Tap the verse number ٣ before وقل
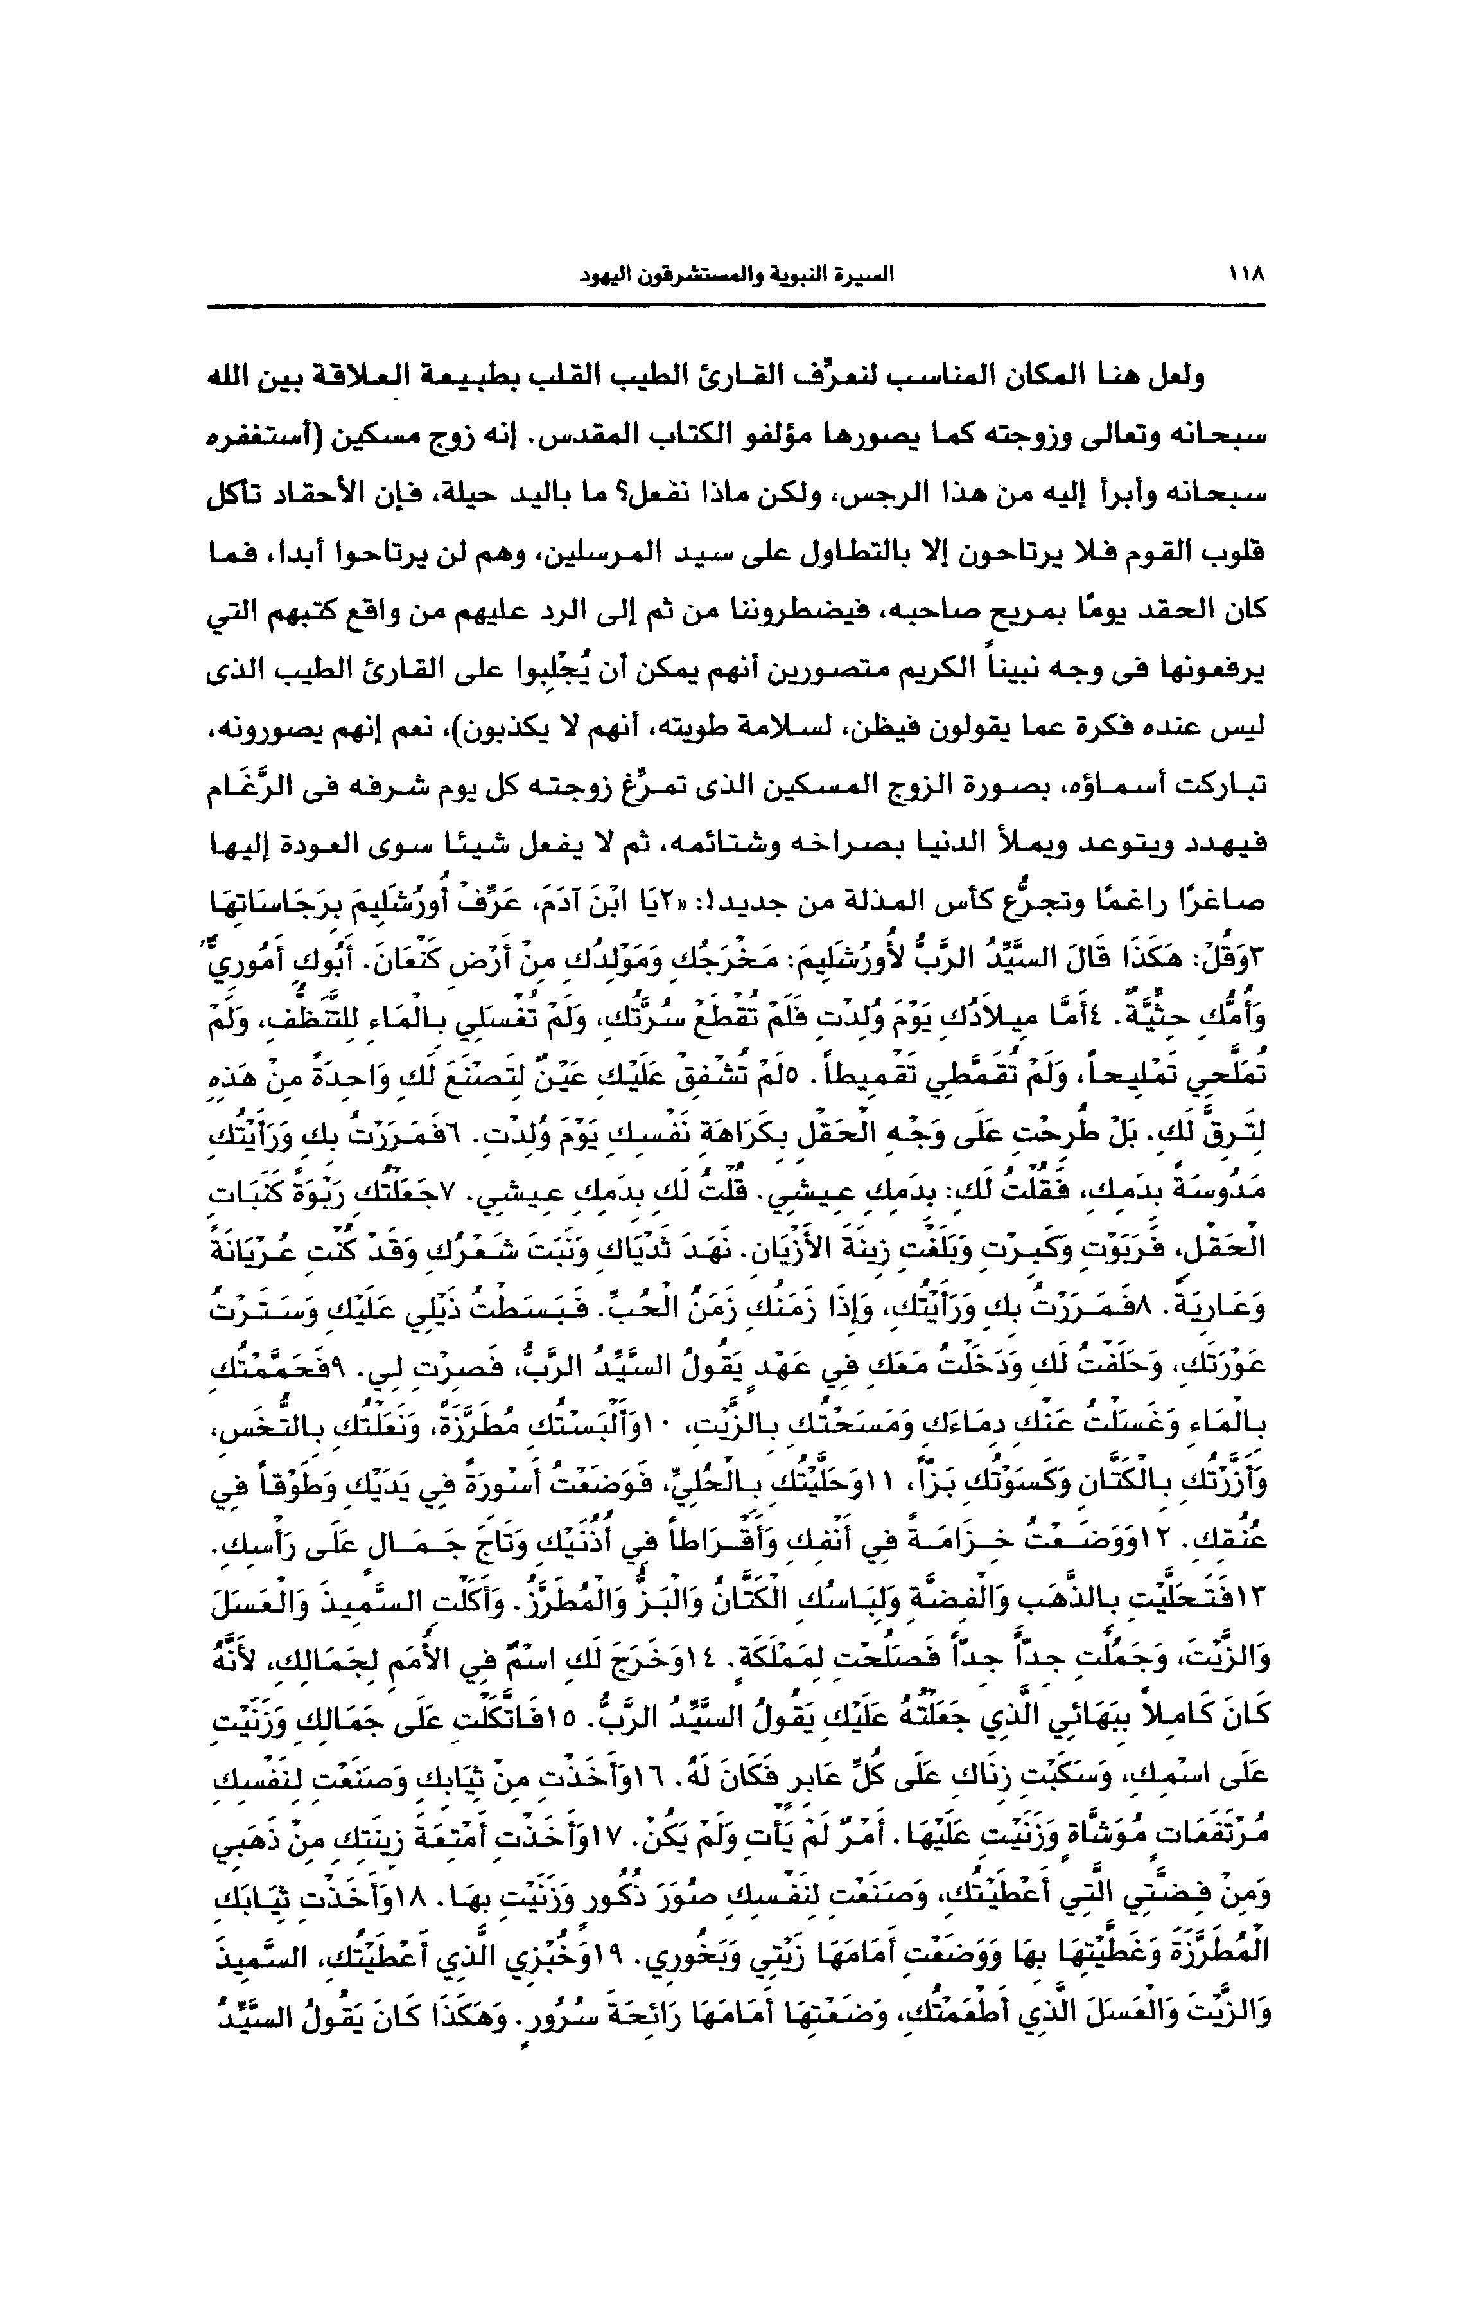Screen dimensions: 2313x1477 (1258, 962)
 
